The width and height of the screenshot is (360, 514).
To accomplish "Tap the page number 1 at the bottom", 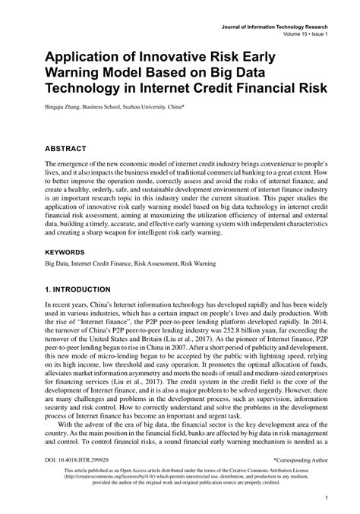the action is click(x=324, y=500).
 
